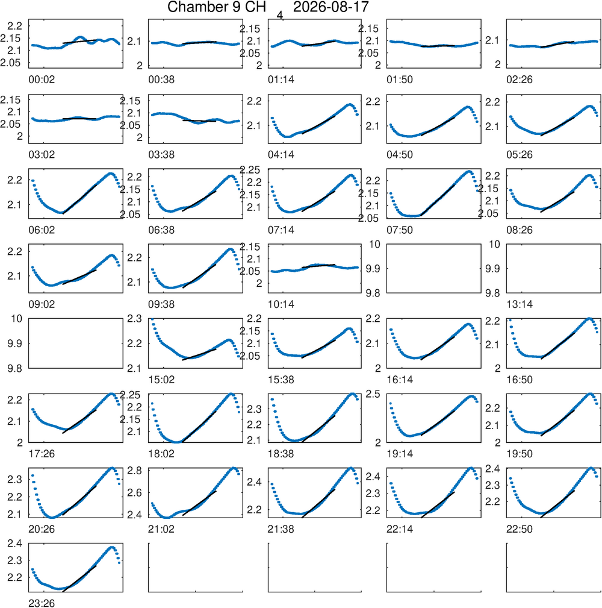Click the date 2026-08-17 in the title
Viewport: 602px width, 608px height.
click(331, 7)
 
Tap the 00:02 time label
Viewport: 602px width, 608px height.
click(42, 80)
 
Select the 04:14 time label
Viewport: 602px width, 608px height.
click(281, 155)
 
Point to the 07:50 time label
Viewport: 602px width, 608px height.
click(400, 230)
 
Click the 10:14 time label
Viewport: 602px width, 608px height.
click(281, 304)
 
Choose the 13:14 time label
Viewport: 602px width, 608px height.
click(520, 304)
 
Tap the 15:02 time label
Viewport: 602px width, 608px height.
click(161, 380)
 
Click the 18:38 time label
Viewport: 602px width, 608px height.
click(281, 454)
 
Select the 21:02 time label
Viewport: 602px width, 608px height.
click(161, 529)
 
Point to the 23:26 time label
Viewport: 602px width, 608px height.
click(42, 603)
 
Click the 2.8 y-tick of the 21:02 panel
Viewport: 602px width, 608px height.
click(134, 471)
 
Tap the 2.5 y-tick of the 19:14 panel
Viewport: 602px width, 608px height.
click(373, 394)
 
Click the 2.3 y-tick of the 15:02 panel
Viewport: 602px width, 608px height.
click(134, 319)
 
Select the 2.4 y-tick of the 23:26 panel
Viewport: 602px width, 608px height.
click(14, 544)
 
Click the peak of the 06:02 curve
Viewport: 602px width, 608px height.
click(110, 174)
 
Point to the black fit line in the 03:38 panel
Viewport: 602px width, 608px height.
click(199, 121)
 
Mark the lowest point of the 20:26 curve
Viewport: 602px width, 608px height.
click(52, 517)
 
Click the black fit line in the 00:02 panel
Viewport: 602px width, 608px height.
click(79, 42)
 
